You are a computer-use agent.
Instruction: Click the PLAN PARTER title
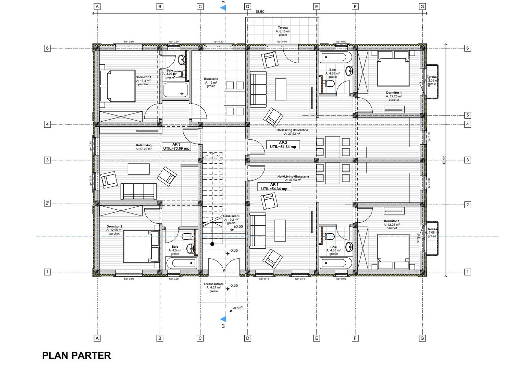76,356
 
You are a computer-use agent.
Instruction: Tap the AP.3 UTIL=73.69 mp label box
176,146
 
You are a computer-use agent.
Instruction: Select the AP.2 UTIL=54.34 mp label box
283,145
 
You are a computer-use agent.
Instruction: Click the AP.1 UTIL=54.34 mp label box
274,186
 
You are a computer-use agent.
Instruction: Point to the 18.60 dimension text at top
260,12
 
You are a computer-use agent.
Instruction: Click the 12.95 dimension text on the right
444,160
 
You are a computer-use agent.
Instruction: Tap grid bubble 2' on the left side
48,203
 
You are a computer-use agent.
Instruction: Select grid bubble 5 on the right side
467,115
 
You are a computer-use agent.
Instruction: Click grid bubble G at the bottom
422,338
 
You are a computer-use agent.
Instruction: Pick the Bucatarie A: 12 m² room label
211,82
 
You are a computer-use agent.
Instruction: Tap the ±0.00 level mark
238,227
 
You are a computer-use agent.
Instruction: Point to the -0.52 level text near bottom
237,308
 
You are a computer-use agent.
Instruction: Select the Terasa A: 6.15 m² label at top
283,31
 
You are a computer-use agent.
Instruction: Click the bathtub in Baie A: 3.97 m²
175,90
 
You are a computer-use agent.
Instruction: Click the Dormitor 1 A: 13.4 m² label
143,81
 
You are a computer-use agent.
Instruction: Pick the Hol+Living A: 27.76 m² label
144,147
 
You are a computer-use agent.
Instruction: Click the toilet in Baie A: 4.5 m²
187,236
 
